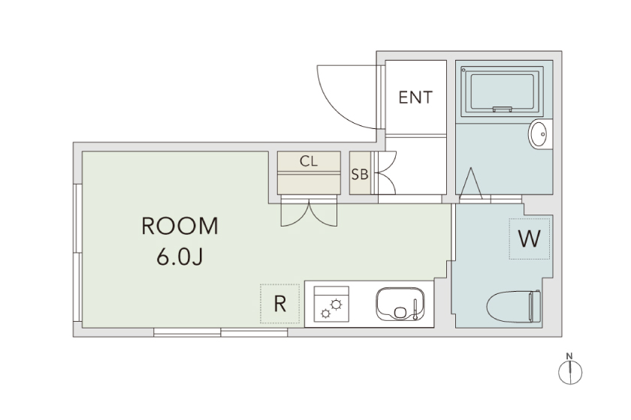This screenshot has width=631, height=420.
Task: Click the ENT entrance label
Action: [x=415, y=97]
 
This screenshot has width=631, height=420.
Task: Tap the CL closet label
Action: [x=309, y=161]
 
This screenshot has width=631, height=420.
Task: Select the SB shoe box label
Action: [x=360, y=175]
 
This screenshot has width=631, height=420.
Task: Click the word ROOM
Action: [x=180, y=226]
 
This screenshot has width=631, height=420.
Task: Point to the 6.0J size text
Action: [x=180, y=256]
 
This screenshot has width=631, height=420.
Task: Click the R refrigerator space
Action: [x=279, y=304]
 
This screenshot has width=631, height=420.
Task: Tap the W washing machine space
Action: [x=529, y=238]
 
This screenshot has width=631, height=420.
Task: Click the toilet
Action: [x=514, y=306]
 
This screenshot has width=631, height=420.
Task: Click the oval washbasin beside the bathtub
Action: [x=539, y=134]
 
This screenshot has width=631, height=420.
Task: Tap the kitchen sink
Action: [x=400, y=304]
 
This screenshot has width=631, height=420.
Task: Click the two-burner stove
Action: [x=331, y=304]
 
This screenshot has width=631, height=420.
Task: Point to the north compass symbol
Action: [x=570, y=373]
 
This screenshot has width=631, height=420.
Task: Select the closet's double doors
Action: [x=309, y=211]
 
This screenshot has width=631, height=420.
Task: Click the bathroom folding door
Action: [x=471, y=184]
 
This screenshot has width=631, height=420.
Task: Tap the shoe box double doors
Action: [x=386, y=172]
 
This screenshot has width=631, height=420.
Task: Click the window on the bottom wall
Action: [x=221, y=332]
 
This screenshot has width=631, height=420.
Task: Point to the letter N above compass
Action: [x=569, y=355]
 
